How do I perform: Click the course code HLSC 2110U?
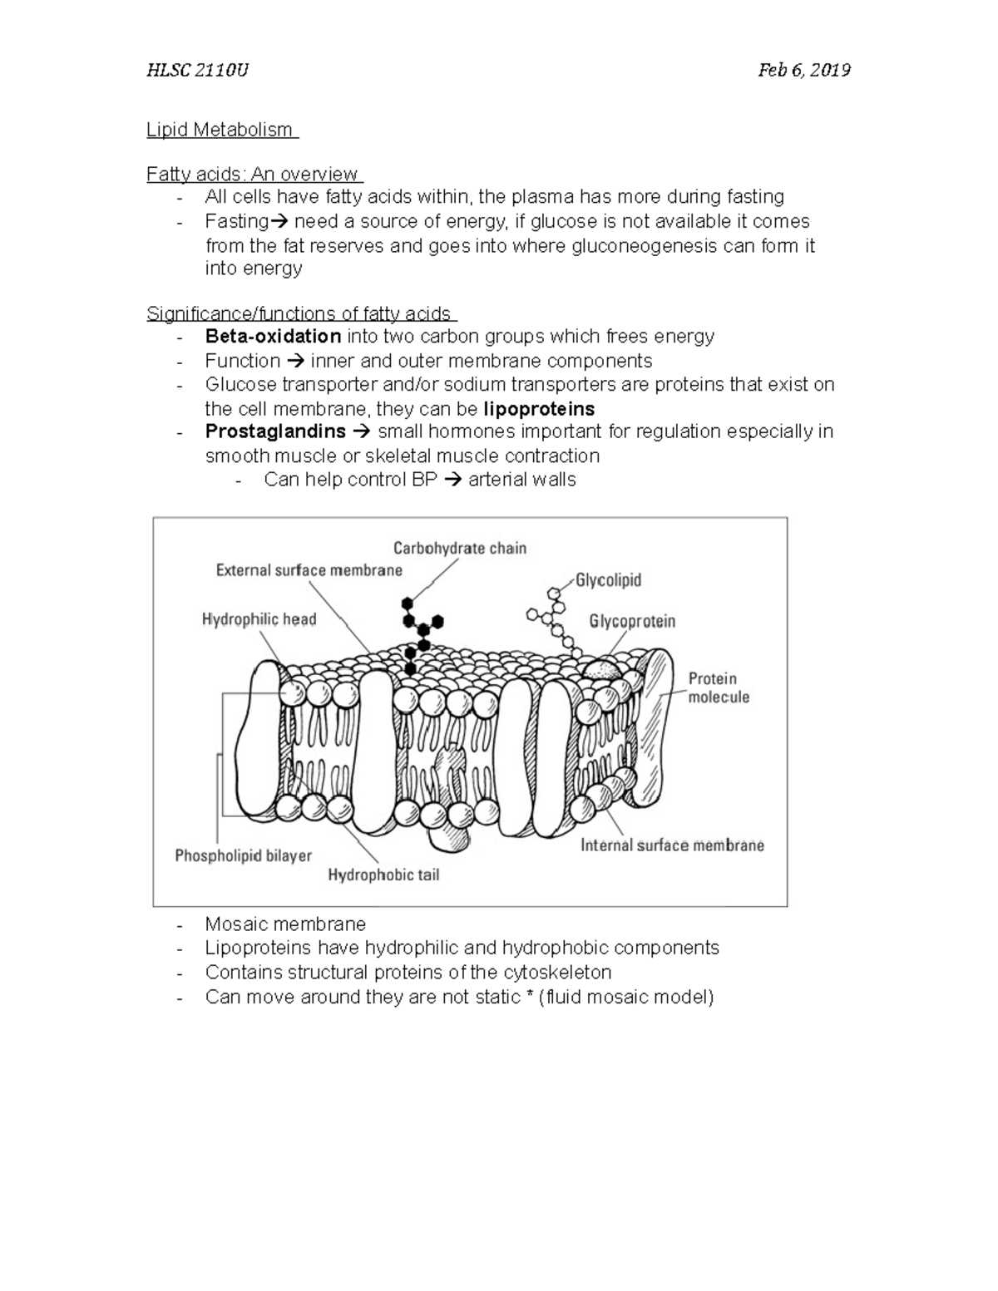[x=197, y=70]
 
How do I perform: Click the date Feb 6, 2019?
[x=803, y=70]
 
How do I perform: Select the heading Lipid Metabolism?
[x=220, y=130]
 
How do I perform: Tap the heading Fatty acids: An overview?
[x=253, y=175]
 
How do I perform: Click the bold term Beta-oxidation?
[x=273, y=337]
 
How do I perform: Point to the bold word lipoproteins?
[x=539, y=409]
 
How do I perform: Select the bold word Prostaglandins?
[x=275, y=431]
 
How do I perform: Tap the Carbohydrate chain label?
[x=460, y=548]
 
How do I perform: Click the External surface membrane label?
[x=309, y=570]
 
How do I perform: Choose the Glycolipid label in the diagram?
[x=608, y=580]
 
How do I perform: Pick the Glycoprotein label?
[x=632, y=621]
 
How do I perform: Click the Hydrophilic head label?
[x=259, y=619]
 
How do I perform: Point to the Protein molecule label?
[x=718, y=687]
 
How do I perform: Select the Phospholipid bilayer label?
[x=243, y=855]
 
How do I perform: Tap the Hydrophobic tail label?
[x=383, y=875]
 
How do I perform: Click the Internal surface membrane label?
[x=672, y=845]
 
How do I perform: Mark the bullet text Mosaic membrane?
[x=285, y=924]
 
